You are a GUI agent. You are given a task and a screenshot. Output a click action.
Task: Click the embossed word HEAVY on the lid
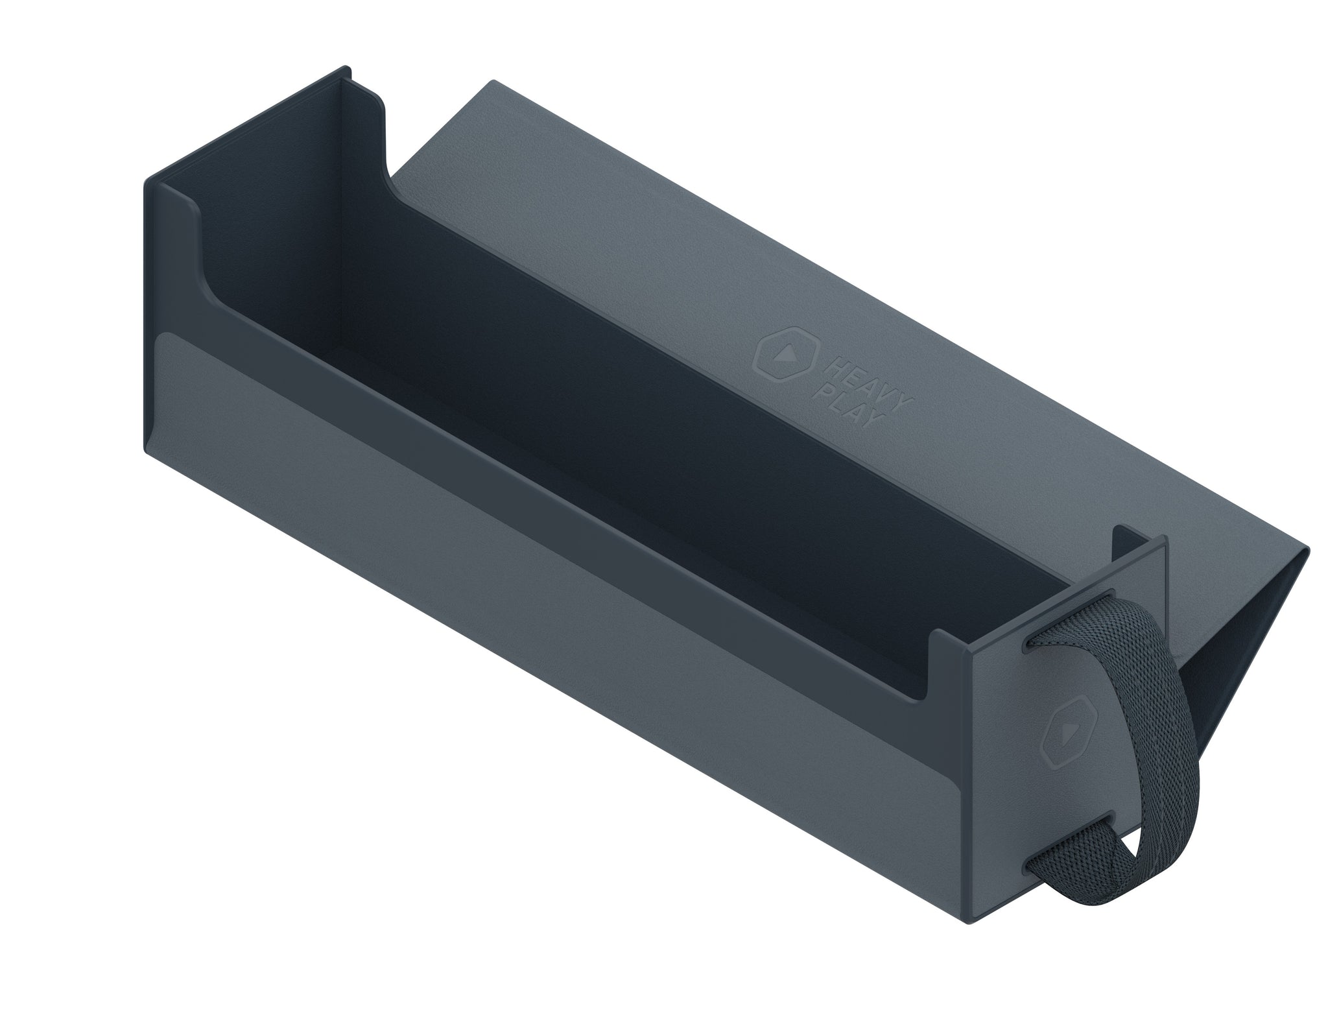(x=864, y=381)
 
